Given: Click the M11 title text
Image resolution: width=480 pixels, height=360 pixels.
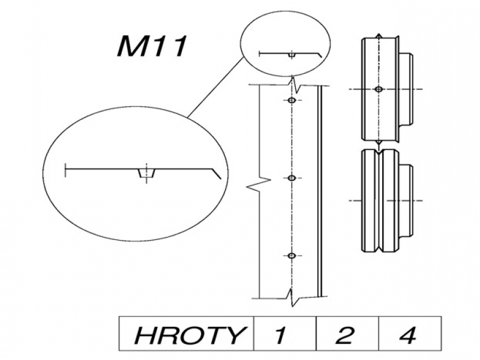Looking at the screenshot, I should coord(152,47).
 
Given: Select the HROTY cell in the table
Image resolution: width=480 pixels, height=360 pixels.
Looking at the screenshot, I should coord(187,334).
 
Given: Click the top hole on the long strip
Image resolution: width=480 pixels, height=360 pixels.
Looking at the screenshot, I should coord(292,100).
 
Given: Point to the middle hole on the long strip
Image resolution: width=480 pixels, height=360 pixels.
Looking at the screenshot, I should coord(292,178).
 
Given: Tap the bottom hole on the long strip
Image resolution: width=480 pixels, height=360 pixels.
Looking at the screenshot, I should coord(292,256).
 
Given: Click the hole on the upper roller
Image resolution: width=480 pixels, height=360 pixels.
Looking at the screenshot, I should coord(378,89).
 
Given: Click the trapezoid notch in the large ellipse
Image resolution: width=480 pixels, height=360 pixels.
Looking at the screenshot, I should coord(146,174).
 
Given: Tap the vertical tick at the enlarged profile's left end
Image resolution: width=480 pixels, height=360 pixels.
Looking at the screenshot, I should coord(64,170).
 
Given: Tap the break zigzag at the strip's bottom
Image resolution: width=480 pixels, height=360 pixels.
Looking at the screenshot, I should coord(292,295).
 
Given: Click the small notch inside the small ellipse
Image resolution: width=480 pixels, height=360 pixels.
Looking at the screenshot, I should coord(291,55).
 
